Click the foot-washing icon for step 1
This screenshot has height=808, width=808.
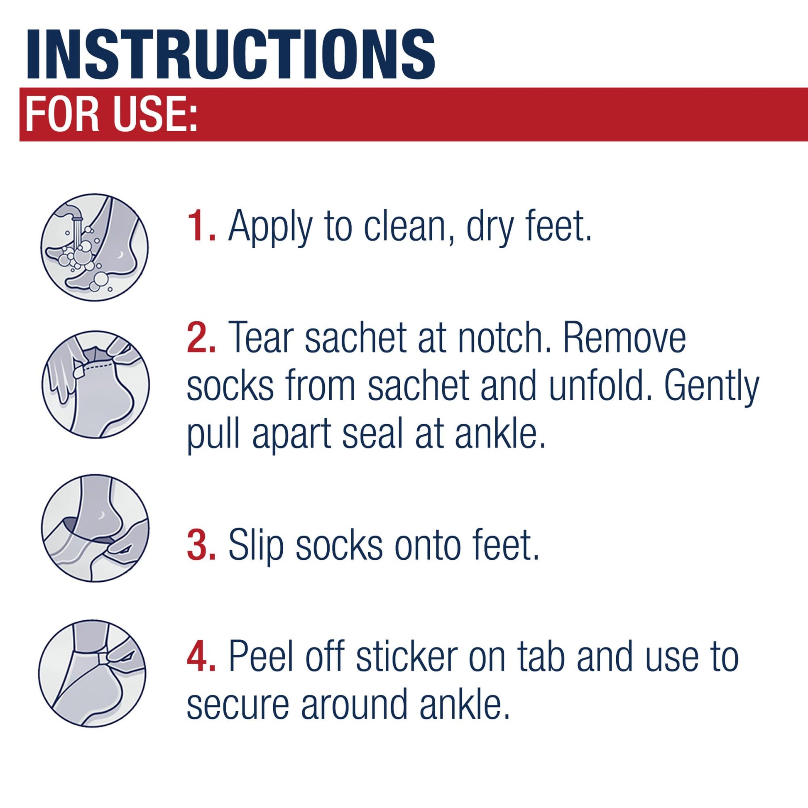pyautogui.click(x=94, y=247)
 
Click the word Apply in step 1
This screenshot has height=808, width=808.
pyautogui.click(x=270, y=228)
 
